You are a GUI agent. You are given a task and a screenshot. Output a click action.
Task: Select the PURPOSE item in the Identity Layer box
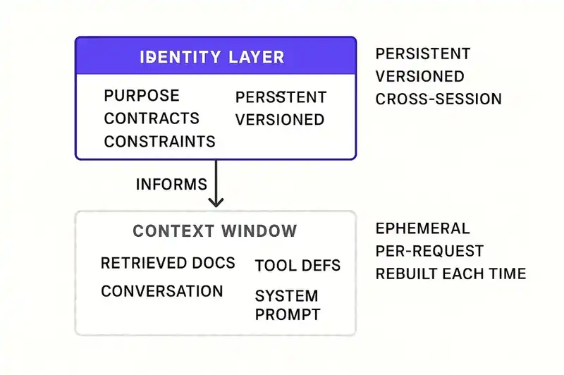[142, 96]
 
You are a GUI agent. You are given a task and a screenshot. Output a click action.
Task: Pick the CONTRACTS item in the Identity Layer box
[152, 118]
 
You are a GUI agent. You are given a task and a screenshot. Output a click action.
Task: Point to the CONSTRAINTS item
[159, 141]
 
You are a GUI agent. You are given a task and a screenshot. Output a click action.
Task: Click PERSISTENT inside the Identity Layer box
[281, 97]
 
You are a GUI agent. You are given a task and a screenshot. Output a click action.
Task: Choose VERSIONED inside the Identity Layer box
[280, 119]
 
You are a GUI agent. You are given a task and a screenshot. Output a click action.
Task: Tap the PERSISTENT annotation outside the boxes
[423, 54]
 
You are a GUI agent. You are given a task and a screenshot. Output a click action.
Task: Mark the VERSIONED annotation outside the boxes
[420, 76]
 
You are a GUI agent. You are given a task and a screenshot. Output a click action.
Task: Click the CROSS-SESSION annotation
[439, 99]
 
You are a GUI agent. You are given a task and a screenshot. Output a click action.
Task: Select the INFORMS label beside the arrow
[171, 185]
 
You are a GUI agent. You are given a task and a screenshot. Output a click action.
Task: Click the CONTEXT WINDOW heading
[215, 231]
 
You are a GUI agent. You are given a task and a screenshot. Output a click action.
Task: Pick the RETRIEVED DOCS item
[168, 263]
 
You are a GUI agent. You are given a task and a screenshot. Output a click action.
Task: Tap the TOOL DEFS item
[298, 265]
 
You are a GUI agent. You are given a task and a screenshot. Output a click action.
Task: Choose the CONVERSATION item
[162, 291]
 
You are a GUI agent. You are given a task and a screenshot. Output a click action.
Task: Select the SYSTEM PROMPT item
[287, 305]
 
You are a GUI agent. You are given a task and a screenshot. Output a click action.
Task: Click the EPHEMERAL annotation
[422, 228]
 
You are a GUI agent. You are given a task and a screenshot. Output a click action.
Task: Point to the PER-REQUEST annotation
[429, 251]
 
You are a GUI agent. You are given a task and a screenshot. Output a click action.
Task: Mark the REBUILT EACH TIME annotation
[450, 273]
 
